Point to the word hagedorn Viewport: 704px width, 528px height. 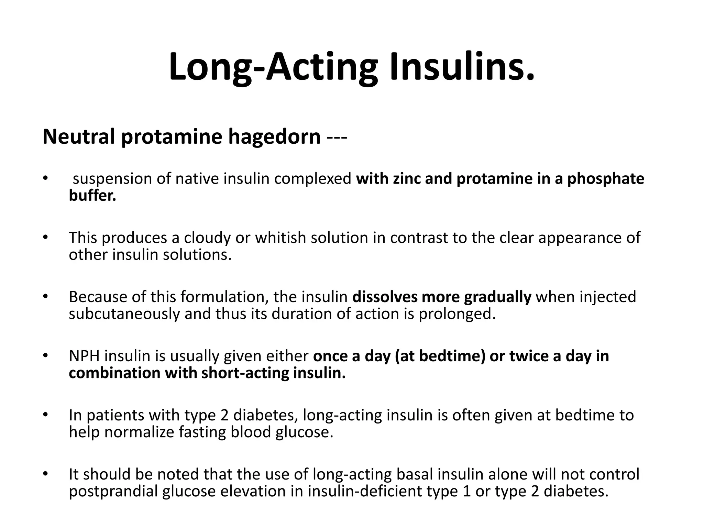(x=274, y=137)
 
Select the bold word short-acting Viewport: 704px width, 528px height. (x=244, y=373)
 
